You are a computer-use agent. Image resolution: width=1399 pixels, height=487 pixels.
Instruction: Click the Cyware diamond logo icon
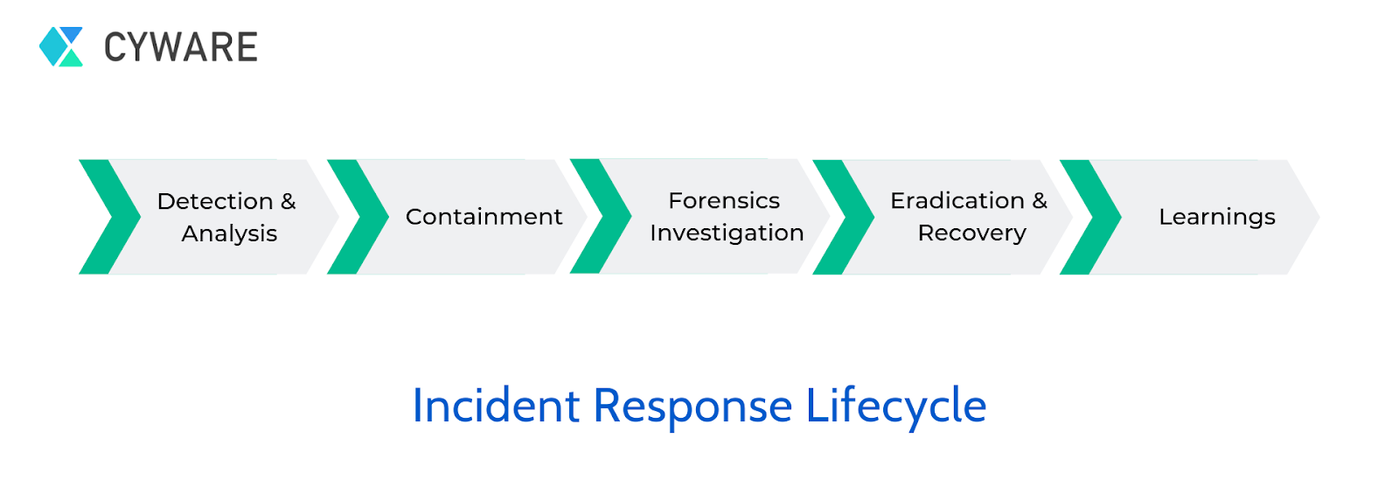61,46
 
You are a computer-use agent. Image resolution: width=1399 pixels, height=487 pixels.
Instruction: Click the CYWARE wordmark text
180,47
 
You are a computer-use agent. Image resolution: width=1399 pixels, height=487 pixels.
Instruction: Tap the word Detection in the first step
215,201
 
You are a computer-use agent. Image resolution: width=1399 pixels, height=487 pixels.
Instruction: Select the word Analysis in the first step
229,233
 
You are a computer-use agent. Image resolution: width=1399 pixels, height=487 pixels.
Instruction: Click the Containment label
484,217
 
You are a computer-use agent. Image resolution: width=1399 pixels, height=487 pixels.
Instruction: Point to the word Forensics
724,200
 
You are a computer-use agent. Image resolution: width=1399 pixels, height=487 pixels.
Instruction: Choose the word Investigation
727,233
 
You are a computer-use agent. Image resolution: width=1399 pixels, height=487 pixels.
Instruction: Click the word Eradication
957,200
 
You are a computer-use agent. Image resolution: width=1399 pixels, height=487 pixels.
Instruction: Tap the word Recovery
971,233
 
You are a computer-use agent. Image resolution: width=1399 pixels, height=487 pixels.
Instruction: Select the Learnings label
1216,217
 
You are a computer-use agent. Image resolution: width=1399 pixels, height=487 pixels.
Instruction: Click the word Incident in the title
496,406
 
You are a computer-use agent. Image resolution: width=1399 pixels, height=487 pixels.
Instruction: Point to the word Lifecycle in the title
896,407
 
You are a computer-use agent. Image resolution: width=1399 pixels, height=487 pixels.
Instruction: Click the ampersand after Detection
288,201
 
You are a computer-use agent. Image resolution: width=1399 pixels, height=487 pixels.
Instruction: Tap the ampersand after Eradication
1040,200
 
